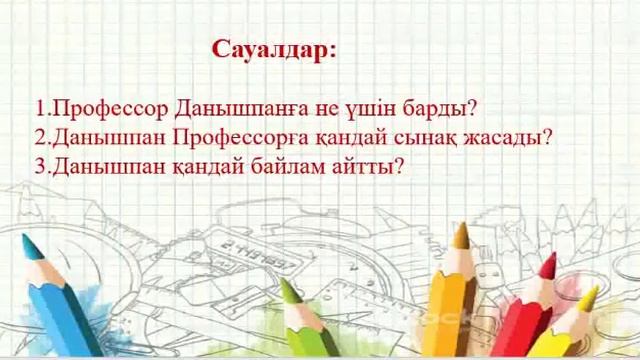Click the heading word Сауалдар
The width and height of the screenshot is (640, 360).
(x=274, y=51)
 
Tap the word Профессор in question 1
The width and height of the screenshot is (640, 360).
(x=99, y=107)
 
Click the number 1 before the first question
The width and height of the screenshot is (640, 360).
(x=39, y=107)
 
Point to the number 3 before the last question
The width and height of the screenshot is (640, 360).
(x=39, y=166)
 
